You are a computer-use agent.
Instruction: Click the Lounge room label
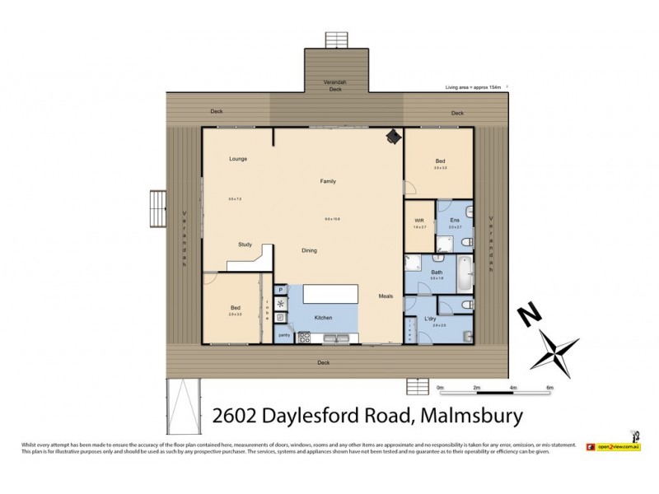(x=238, y=158)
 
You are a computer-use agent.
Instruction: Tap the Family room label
(x=328, y=181)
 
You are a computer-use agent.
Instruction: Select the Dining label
(x=309, y=250)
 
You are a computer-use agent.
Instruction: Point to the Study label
(x=245, y=245)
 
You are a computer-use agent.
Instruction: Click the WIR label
(x=418, y=221)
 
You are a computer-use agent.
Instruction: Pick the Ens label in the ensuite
(x=455, y=221)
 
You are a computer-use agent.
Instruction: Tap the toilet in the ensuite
(x=465, y=241)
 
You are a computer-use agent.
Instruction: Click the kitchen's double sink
(x=336, y=336)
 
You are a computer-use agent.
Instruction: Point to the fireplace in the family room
(x=394, y=136)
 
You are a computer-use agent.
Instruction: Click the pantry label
(x=283, y=335)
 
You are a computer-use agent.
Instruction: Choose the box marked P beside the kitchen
(x=281, y=290)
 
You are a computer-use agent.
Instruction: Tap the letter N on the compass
(x=526, y=317)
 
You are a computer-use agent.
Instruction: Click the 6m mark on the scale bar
(x=549, y=386)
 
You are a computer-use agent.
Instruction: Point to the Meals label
(x=386, y=296)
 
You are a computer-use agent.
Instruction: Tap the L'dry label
(x=429, y=318)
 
